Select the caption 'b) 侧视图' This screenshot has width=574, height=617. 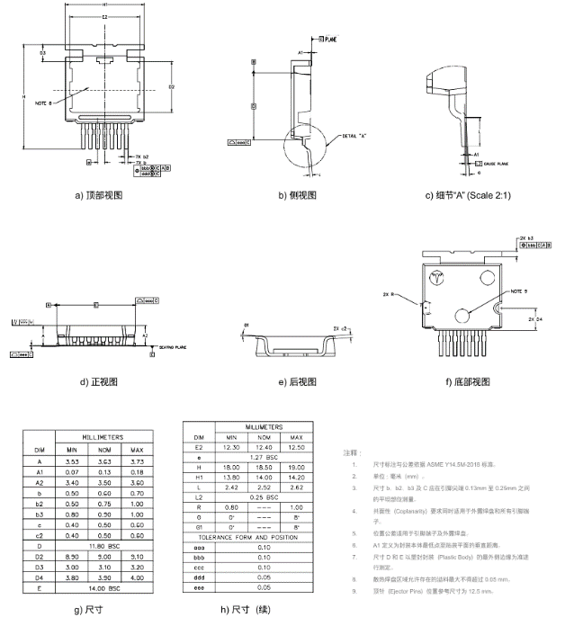click(297, 194)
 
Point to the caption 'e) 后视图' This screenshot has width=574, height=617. click(298, 381)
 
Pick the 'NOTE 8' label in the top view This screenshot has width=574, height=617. click(45, 103)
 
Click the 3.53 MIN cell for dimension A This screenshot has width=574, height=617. click(72, 461)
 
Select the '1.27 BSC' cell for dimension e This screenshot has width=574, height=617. click(257, 457)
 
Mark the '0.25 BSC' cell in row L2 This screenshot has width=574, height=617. click(257, 496)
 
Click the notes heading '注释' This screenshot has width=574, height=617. click(354, 452)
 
